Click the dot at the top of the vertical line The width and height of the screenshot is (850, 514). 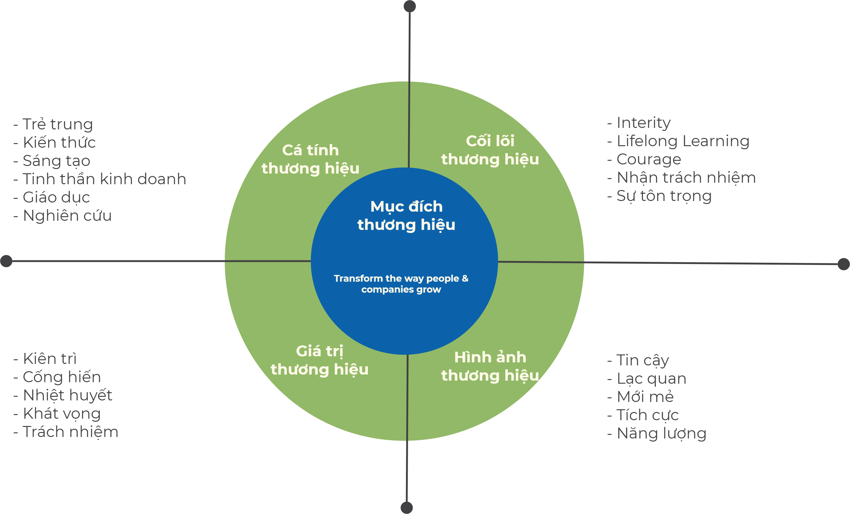click(x=410, y=6)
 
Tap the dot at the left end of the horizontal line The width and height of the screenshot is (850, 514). click(x=6, y=261)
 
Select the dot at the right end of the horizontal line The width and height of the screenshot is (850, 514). click(x=844, y=264)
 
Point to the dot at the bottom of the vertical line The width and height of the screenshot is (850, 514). click(x=407, y=508)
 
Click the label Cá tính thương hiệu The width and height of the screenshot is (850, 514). click(x=310, y=159)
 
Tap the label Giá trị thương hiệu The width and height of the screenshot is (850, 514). click(x=319, y=361)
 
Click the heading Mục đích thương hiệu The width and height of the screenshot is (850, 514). click(x=406, y=216)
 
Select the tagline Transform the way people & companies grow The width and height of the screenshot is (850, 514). click(x=401, y=283)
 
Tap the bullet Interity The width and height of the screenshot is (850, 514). click(x=639, y=122)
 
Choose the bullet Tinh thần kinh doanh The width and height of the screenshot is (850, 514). click(x=100, y=179)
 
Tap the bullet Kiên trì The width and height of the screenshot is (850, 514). click(x=45, y=358)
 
